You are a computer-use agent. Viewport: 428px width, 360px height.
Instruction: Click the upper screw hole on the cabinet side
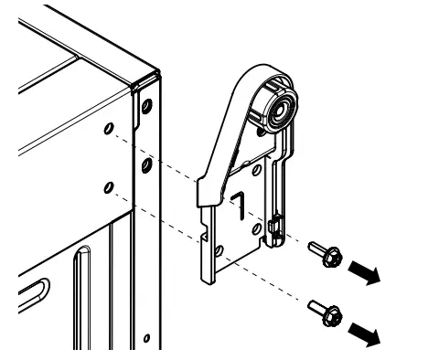(x=110, y=130)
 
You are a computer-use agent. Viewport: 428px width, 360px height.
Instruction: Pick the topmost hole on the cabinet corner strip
(x=144, y=108)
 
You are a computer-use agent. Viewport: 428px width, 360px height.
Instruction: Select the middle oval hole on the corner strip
(x=144, y=165)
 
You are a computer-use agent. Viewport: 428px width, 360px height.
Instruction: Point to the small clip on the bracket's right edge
(x=273, y=225)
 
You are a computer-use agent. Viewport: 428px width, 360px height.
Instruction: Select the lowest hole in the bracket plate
(x=219, y=249)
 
